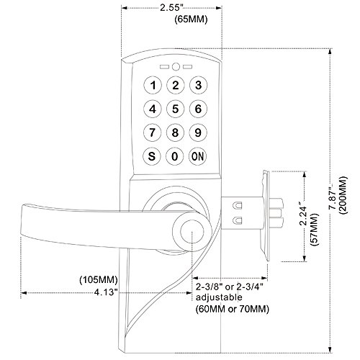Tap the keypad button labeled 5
pyautogui.click(x=176, y=109)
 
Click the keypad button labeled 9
pyautogui.click(x=198, y=132)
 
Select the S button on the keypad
pyautogui.click(x=152, y=156)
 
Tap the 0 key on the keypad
pyautogui.click(x=175, y=156)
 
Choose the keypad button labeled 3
pyautogui.click(x=198, y=85)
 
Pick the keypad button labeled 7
pyautogui.click(x=153, y=132)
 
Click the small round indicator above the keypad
pyautogui.click(x=176, y=67)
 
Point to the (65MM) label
pyautogui.click(x=191, y=19)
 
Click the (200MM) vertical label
pyautogui.click(x=343, y=195)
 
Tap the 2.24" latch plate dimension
pyautogui.click(x=305, y=215)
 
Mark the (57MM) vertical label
pyautogui.click(x=315, y=229)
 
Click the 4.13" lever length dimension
pyautogui.click(x=106, y=292)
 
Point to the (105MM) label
pyautogui.click(x=99, y=280)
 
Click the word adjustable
pyautogui.click(x=219, y=297)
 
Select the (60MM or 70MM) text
pyautogui.click(x=233, y=309)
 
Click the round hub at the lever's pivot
pyautogui.click(x=192, y=232)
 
